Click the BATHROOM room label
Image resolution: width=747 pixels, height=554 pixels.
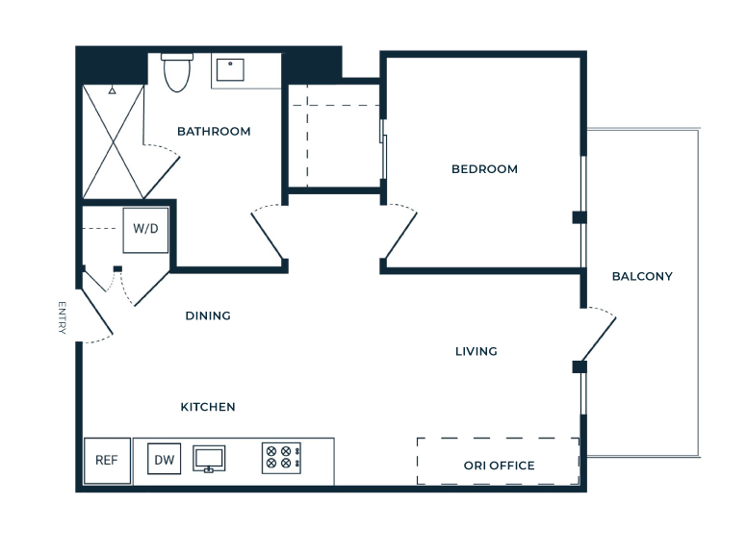pos(214,132)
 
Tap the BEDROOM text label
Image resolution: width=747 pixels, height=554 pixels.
pos(484,169)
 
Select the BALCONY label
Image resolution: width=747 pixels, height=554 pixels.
pos(642,276)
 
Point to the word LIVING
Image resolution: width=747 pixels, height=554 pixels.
pos(476,351)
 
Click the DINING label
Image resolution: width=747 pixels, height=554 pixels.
pos(208,315)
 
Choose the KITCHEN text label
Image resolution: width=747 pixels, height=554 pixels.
pos(208,407)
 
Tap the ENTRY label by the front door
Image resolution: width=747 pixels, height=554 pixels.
pos(62,317)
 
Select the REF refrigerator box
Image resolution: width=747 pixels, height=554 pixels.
pos(107,461)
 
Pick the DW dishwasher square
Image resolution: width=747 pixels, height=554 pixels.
pos(165,459)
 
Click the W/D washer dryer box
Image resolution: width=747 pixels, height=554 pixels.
pos(145,230)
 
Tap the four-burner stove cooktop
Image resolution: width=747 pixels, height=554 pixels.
pos(281,458)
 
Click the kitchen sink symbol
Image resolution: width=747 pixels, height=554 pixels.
pos(209,459)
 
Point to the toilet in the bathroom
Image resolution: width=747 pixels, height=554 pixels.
pos(177,72)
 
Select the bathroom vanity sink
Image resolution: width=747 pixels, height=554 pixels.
pos(231,70)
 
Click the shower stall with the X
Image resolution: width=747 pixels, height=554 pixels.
pos(114,141)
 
